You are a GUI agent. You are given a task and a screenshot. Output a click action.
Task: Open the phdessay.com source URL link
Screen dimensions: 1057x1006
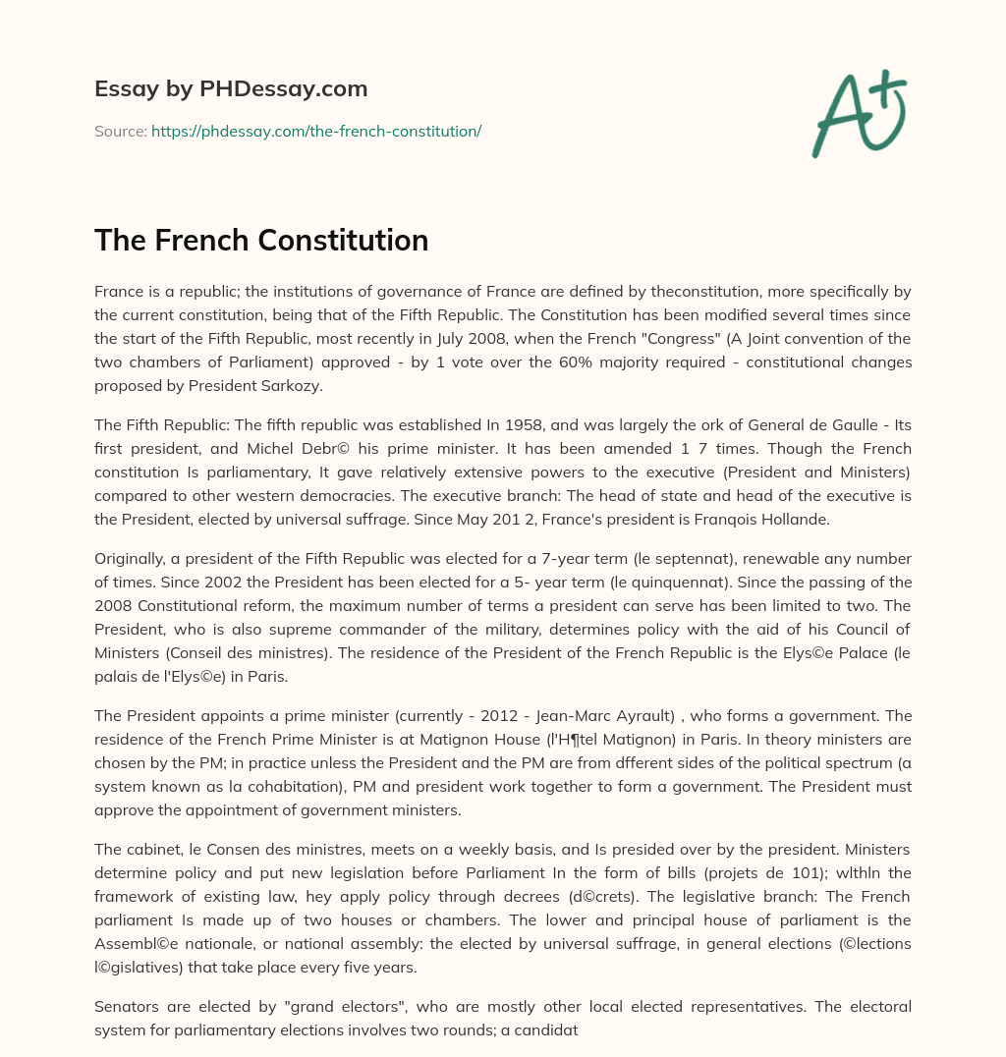[316, 131]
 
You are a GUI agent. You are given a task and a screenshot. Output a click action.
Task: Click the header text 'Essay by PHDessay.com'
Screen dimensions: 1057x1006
[231, 89]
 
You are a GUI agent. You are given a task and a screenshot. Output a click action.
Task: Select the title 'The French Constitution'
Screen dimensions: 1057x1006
[261, 240]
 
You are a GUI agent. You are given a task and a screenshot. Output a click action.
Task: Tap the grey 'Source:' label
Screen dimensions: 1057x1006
[120, 131]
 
